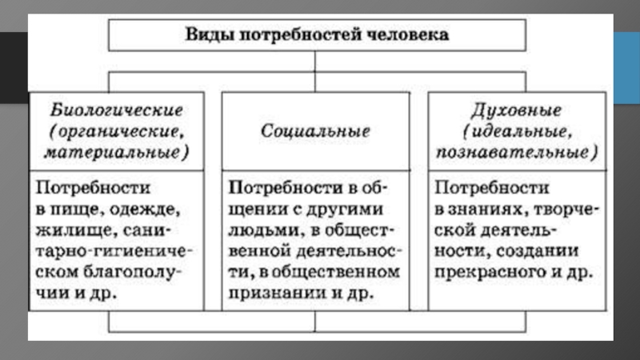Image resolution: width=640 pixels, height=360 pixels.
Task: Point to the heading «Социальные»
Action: click(x=316, y=131)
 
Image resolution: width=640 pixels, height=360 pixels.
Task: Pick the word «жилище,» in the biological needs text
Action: click(x=67, y=230)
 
